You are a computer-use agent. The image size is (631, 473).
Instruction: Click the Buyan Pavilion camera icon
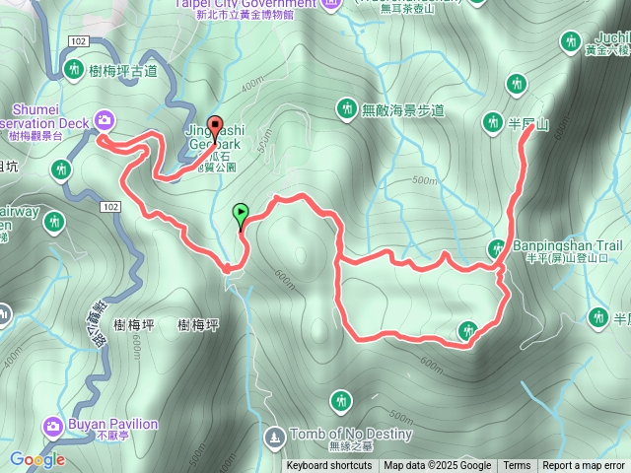point(52,426)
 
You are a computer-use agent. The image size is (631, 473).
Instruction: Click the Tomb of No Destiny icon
point(273,434)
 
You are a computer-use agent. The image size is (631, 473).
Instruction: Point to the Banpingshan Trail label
point(567,245)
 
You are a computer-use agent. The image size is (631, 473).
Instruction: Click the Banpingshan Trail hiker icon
point(497,247)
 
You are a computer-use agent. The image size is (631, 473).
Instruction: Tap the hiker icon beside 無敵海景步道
point(346,107)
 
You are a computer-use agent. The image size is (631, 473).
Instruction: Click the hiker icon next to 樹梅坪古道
point(75,69)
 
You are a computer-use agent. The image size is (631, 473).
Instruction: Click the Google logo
point(36,459)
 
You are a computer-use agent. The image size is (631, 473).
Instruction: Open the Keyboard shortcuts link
point(330,466)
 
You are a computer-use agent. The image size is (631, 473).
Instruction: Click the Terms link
point(517,466)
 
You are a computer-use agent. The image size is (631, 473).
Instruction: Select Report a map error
point(584,466)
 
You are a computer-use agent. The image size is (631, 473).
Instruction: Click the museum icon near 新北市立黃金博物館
point(331,3)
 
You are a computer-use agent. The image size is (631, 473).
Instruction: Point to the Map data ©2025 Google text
point(438,466)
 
